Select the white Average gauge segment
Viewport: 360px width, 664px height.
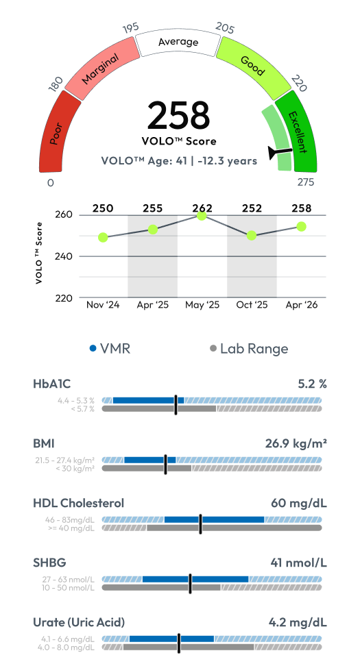178,42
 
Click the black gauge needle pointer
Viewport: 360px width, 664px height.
280,152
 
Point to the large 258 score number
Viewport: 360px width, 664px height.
178,115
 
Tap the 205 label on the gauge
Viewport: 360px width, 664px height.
225,27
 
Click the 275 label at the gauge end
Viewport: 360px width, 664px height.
305,182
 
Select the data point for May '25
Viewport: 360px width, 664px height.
202,216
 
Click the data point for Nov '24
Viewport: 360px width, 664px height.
103,238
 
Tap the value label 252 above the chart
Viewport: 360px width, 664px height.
252,208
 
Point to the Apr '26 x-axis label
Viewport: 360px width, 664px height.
302,305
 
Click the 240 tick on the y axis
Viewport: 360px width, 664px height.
64,256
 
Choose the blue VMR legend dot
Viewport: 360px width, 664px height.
93,349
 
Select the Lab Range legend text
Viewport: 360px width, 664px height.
254,349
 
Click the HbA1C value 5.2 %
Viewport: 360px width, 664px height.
313,384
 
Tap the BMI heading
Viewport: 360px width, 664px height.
44,443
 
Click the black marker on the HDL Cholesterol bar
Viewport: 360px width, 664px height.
200,524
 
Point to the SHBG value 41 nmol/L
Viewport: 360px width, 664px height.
298,563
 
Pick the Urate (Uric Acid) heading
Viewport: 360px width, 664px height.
79,622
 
